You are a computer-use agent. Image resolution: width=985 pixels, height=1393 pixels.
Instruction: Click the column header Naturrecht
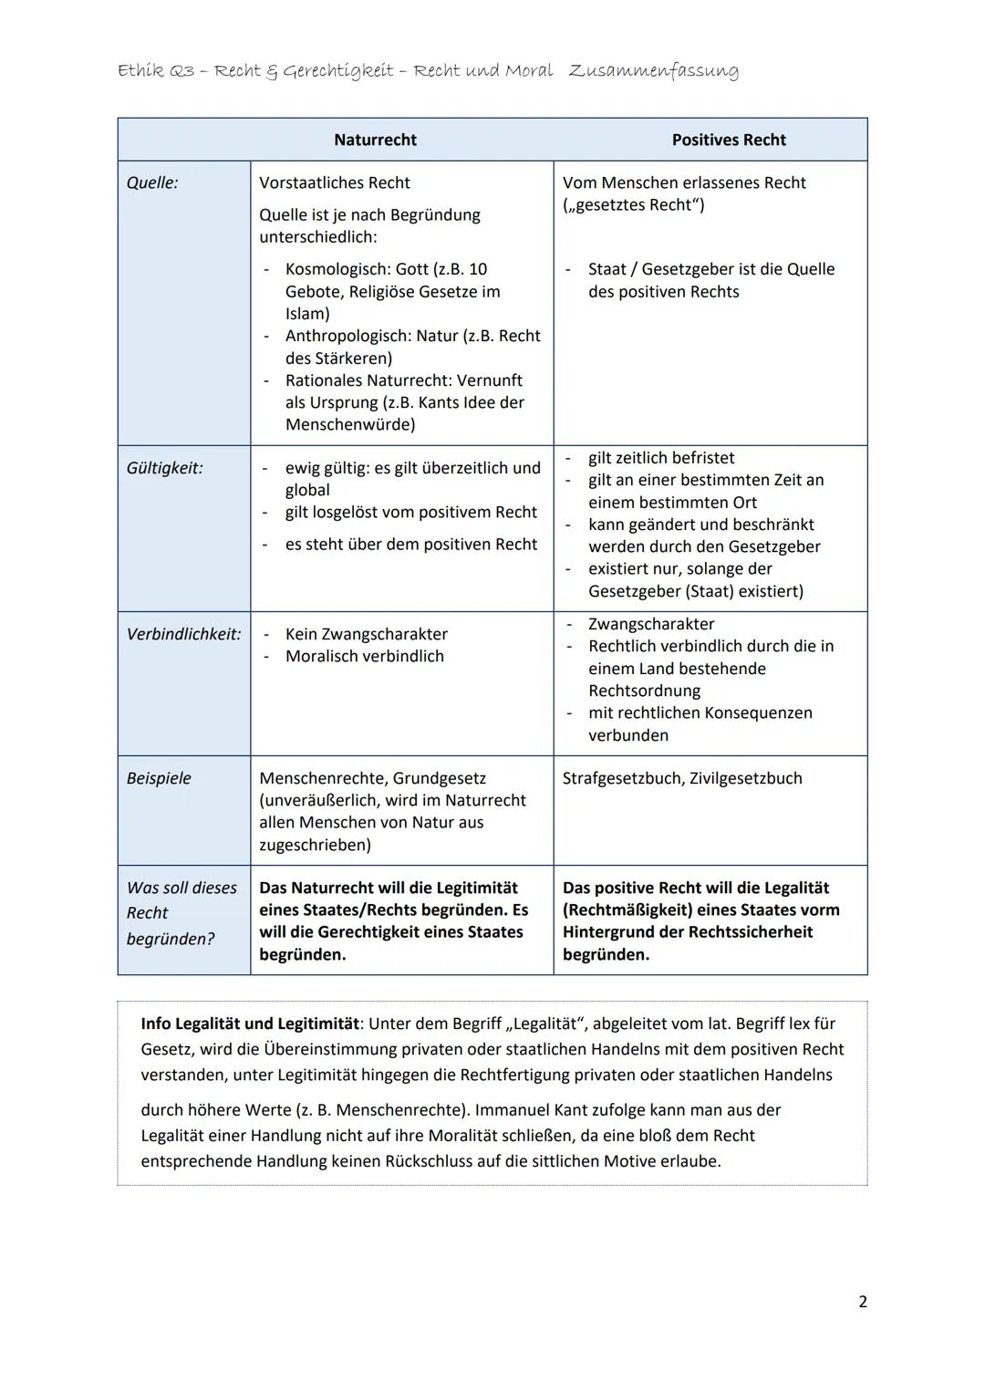pos(375,140)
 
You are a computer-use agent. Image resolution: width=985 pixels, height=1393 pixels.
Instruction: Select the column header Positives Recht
pos(728,140)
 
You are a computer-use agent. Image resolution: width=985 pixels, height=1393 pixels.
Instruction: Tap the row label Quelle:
pos(152,182)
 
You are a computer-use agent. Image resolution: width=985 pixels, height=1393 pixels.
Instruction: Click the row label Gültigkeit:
pos(165,468)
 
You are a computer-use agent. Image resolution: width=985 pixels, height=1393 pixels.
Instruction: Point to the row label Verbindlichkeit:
pos(183,634)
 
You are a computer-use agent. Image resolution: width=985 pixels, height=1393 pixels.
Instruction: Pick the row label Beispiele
pos(159,778)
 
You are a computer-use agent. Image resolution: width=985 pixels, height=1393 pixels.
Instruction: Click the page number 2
pos(862,1302)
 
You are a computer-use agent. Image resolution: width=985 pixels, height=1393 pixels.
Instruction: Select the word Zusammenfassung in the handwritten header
pos(653,70)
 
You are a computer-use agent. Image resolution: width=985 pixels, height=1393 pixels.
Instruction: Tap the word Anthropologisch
pos(346,336)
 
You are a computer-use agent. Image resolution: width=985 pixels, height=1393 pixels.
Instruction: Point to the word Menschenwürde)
pos(350,424)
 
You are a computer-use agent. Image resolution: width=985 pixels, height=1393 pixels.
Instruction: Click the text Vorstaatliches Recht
pos(335,182)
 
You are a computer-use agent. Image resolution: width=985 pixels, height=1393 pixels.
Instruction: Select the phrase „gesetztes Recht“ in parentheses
pos(633,205)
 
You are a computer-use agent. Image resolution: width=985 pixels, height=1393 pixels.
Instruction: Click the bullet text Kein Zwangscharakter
pos(366,634)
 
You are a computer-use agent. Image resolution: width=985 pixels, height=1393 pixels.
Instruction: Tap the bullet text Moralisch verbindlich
pos(364,656)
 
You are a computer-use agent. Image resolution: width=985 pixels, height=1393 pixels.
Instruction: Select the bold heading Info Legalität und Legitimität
pos(250,1024)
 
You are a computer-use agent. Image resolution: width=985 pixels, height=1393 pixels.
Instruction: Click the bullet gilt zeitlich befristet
pos(660,458)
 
